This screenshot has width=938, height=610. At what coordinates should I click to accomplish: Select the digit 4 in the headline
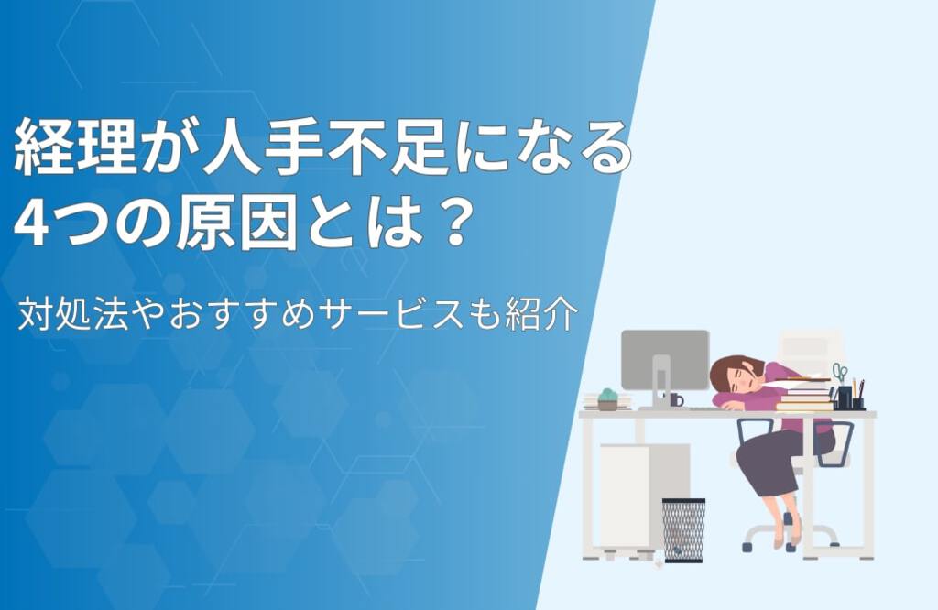(30, 223)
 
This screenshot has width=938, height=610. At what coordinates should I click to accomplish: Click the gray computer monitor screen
(665, 359)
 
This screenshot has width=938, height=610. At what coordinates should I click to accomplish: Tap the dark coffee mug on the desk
(675, 399)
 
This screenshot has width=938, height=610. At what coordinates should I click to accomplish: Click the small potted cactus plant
(607, 399)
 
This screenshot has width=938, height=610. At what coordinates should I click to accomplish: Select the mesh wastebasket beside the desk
(683, 530)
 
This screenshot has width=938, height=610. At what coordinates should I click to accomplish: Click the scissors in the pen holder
(840, 373)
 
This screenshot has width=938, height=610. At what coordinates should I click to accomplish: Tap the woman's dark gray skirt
(778, 462)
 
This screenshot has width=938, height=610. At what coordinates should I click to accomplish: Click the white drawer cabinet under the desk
(644, 497)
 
